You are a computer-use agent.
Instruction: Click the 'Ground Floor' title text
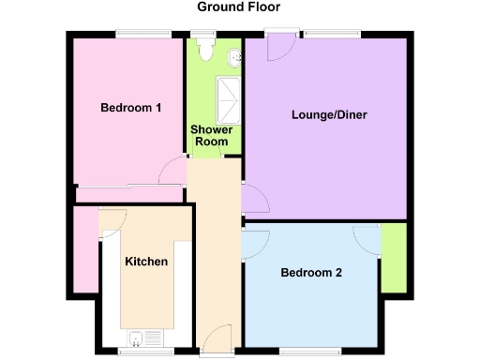tap(238, 7)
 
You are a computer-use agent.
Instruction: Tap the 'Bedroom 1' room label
tap(131, 108)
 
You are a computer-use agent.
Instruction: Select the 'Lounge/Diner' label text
tap(329, 115)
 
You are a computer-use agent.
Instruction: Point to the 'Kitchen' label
tap(146, 262)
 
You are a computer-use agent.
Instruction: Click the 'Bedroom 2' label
tap(311, 274)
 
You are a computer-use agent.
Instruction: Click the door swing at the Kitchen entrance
tap(111, 221)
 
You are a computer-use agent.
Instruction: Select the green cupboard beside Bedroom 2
tap(394, 259)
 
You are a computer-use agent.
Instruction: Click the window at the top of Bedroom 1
tap(143, 35)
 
